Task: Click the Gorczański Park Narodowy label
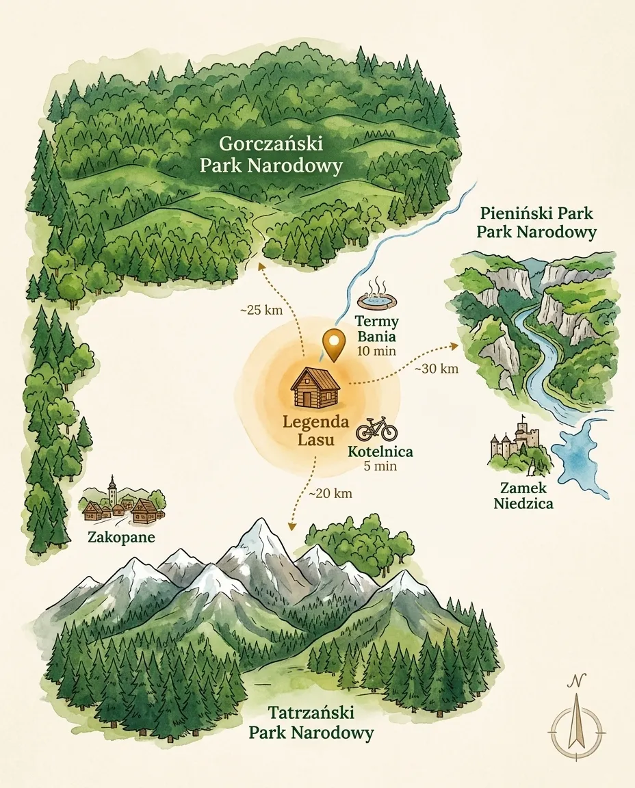tap(271, 155)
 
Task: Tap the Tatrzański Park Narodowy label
tap(311, 724)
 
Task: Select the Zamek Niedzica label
tap(526, 496)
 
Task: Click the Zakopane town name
tap(121, 538)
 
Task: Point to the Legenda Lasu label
tap(316, 429)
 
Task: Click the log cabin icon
tap(316, 388)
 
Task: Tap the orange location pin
tap(333, 344)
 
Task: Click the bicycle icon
tap(376, 429)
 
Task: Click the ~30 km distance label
tap(437, 369)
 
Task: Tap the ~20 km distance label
tap(330, 493)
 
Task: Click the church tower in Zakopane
tap(112, 490)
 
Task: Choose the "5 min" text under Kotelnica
tap(380, 467)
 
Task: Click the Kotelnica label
tap(380, 452)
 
